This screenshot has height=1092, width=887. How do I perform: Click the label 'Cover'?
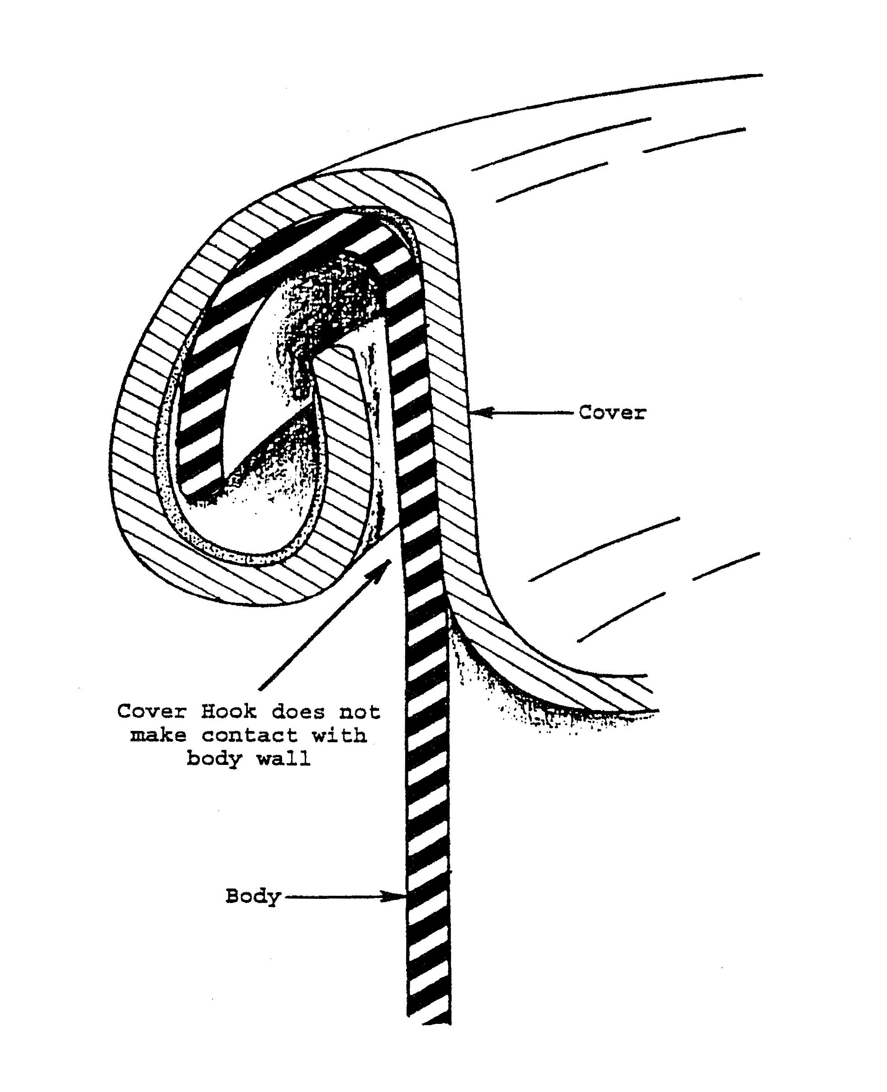coord(612,412)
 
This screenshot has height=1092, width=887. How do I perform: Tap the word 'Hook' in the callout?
coord(228,711)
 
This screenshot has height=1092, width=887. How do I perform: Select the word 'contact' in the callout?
coord(249,735)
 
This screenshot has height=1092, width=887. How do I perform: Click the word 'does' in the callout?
coord(298,711)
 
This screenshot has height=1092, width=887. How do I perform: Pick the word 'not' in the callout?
coord(360,711)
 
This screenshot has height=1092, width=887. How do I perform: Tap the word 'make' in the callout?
coord(158,735)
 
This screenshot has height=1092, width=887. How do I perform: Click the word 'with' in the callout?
coord(339,735)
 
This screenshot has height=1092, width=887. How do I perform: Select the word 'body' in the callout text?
coord(213,759)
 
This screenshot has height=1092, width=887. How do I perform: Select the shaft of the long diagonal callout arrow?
coord(322,629)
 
